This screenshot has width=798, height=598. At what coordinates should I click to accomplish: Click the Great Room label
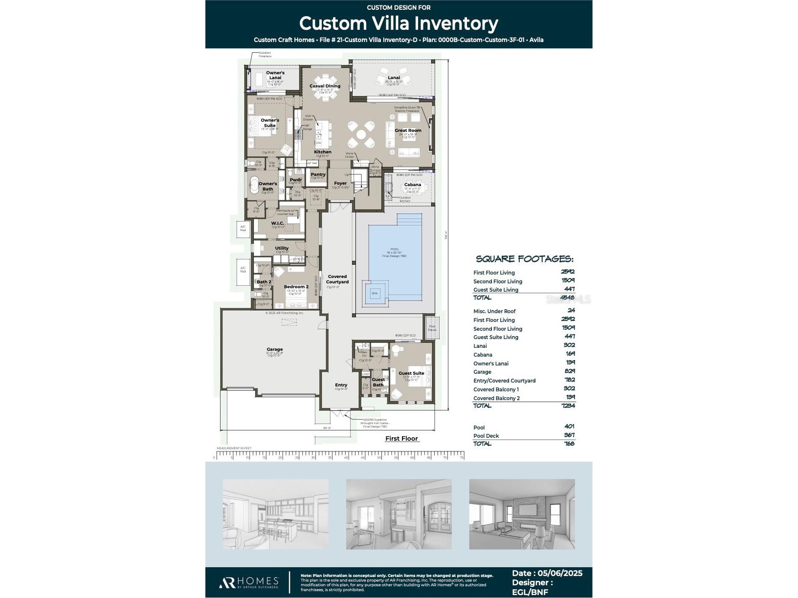point(408,130)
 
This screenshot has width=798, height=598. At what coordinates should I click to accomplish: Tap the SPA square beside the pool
point(375,293)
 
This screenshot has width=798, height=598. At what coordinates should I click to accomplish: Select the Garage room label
point(274,349)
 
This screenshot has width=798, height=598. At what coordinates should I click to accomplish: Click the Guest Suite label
point(411,373)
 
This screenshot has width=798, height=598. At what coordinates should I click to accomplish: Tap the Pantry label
point(318,174)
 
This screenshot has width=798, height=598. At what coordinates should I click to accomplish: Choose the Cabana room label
point(412,185)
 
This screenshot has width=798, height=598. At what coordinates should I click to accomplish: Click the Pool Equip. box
point(432,328)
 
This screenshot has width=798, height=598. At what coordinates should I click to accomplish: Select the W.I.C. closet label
point(278,223)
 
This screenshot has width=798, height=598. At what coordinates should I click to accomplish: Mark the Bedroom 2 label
point(296,287)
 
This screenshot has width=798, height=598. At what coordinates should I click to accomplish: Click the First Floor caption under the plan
point(401,439)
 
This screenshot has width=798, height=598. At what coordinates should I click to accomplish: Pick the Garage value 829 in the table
point(569,372)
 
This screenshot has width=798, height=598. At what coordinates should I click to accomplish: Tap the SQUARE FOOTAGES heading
point(524,259)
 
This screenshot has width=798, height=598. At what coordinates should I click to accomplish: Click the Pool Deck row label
point(486,436)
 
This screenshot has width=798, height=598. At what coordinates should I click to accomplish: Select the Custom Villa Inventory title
point(399,23)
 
